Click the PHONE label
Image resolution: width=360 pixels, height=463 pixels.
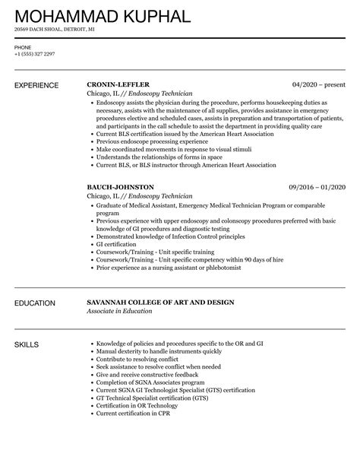pos(22,47)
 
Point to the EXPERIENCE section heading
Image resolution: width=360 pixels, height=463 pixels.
pos(39,84)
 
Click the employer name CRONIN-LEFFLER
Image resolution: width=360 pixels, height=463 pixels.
pos(118,84)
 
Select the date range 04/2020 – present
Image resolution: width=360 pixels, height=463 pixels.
pos(319,84)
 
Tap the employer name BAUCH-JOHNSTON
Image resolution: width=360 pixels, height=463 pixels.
pos(121,186)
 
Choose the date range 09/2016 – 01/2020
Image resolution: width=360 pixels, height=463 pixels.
pos(316,186)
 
